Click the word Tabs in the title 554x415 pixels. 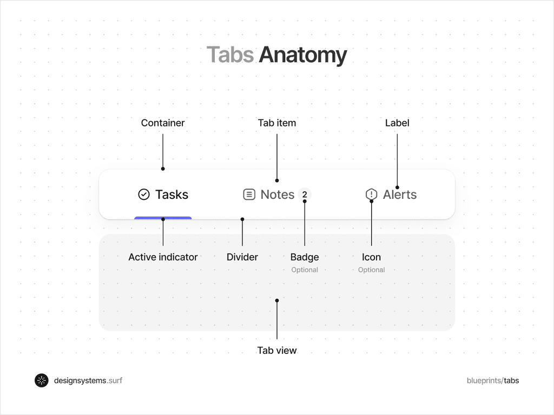[x=230, y=55]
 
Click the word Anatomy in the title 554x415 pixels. [x=302, y=55]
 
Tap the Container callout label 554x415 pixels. [x=163, y=123]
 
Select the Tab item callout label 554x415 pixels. [x=277, y=123]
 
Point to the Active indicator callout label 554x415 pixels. [x=163, y=257]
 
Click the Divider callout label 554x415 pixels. [x=242, y=257]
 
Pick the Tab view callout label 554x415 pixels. [x=277, y=351]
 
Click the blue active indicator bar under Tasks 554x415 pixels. [x=163, y=218]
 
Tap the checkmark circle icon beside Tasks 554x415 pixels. [x=144, y=195]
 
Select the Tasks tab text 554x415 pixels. [x=172, y=195]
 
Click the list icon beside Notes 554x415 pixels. [x=249, y=195]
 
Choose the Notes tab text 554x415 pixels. [x=278, y=195]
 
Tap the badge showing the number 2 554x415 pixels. [x=305, y=195]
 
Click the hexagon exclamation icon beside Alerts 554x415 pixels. [x=372, y=195]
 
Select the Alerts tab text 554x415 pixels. [x=400, y=195]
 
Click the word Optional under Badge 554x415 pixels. [x=305, y=270]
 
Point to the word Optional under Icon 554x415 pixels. [x=372, y=270]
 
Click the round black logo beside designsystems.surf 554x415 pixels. [x=42, y=380]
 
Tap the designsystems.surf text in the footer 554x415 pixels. [x=88, y=380]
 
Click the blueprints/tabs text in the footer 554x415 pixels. [x=493, y=380]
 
